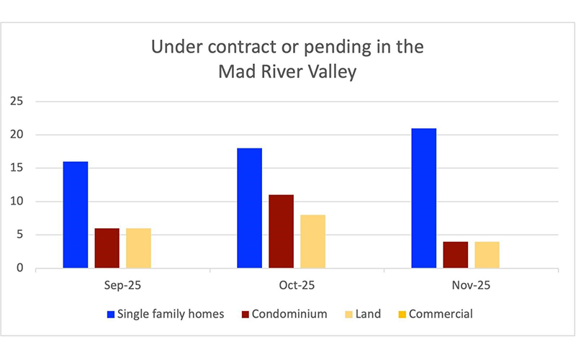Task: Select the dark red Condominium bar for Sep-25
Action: (x=107, y=248)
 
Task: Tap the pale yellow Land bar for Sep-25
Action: (x=138, y=248)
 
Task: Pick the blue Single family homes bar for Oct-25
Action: (x=250, y=208)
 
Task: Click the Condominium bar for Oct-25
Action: (x=281, y=231)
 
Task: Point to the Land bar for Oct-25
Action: (x=312, y=241)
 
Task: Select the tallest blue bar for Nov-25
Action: (x=423, y=198)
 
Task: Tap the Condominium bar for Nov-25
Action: (x=455, y=255)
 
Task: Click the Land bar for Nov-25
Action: (x=486, y=255)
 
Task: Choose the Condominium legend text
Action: (x=283, y=314)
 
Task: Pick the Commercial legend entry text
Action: (x=441, y=314)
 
